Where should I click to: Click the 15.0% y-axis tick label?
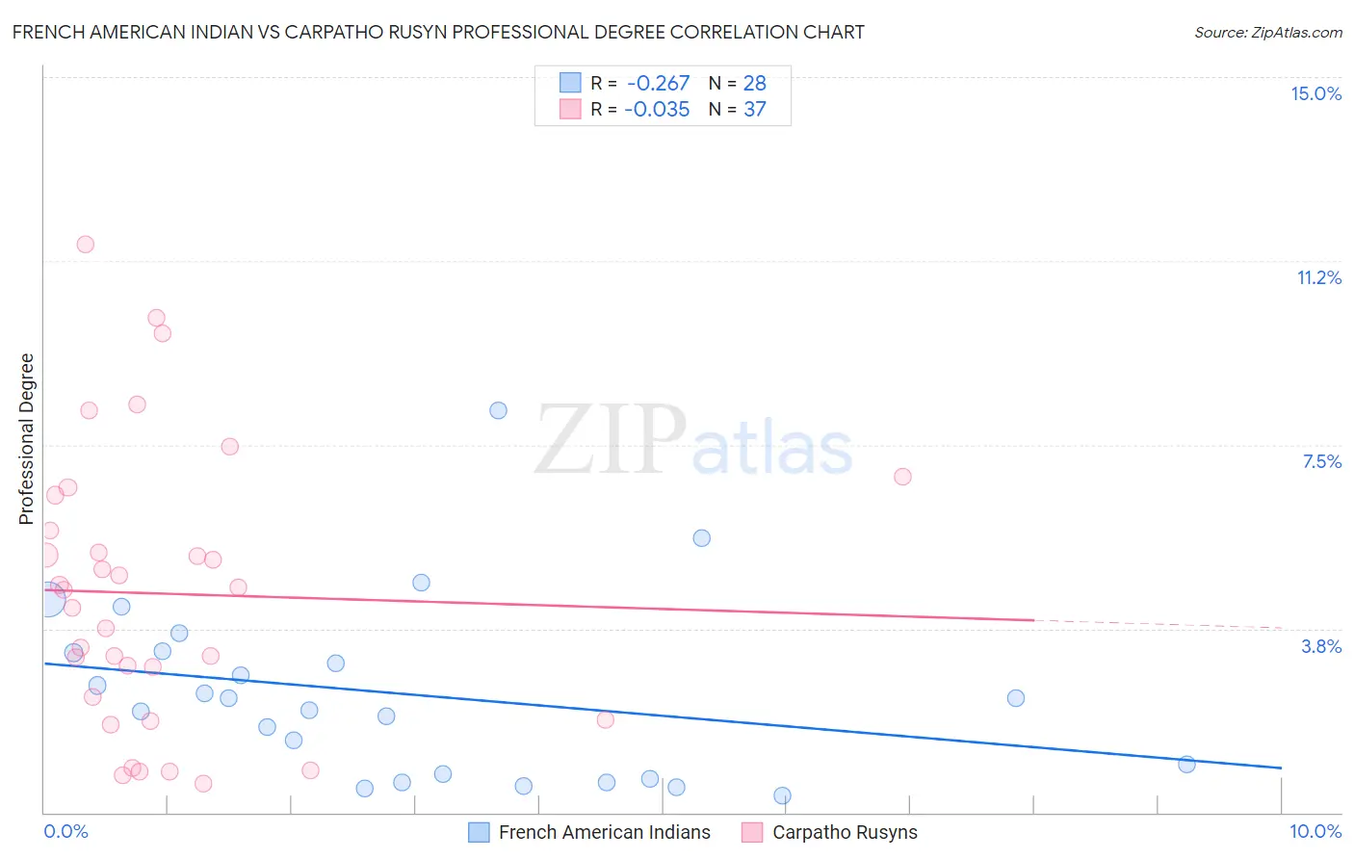(x=1315, y=93)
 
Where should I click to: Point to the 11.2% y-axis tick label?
(x=1318, y=277)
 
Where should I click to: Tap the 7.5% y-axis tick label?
(x=1321, y=461)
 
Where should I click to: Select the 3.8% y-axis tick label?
(x=1321, y=646)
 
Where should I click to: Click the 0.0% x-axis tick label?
(x=65, y=831)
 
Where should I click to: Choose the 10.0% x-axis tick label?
(x=1315, y=831)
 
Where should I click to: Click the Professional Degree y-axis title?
(x=26, y=439)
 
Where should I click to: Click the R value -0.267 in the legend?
(x=658, y=83)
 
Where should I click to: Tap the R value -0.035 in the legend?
(x=657, y=109)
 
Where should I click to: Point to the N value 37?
(x=754, y=109)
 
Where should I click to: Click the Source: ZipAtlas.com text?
(x=1267, y=33)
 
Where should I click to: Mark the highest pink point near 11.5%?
(x=86, y=244)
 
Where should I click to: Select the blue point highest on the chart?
(x=498, y=410)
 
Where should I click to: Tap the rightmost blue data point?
(x=1186, y=764)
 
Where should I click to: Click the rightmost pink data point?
(x=902, y=477)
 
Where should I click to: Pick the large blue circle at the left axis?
(x=47, y=599)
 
